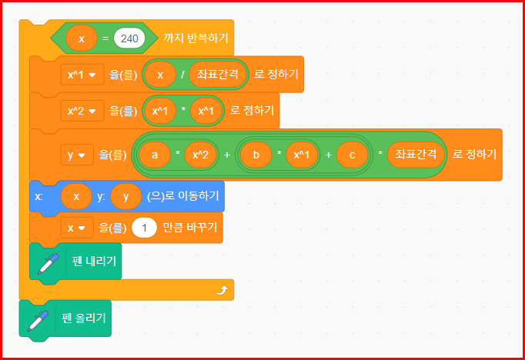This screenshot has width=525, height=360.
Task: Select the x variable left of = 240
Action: click(82, 38)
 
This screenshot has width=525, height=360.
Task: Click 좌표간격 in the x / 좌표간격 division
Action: click(219, 75)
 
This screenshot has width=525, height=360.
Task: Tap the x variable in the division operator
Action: click(161, 75)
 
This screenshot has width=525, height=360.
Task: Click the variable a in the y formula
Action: click(155, 155)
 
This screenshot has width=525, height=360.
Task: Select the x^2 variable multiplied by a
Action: click(199, 155)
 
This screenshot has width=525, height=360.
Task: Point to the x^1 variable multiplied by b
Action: click(302, 155)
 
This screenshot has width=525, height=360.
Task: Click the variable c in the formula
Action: click(352, 155)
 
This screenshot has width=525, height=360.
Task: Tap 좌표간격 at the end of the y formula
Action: click(416, 155)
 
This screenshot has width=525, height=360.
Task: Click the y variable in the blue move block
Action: click(126, 197)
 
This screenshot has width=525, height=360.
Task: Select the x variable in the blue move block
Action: click(75, 197)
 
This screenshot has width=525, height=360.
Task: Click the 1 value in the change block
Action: click(144, 228)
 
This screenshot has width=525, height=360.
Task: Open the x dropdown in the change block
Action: click(75, 228)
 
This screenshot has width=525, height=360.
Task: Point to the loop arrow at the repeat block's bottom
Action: click(222, 290)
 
